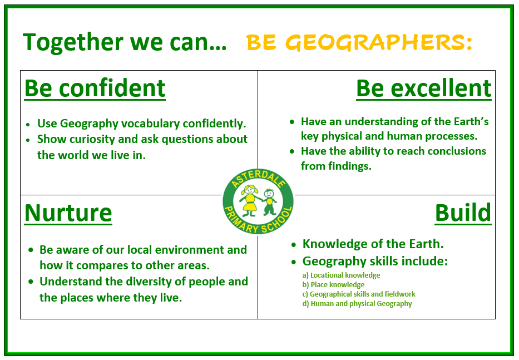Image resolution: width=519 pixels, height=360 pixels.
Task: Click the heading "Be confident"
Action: pyautogui.click(x=95, y=89)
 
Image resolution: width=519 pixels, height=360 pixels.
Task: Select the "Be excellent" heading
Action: pyautogui.click(x=424, y=89)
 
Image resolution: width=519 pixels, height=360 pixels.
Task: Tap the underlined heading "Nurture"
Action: pyautogui.click(x=68, y=213)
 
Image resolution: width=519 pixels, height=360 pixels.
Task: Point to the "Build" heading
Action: pyautogui.click(x=463, y=213)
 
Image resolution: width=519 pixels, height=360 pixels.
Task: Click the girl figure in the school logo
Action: pyautogui.click(x=250, y=200)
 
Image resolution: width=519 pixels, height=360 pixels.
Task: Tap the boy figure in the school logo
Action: pyautogui.click(x=269, y=202)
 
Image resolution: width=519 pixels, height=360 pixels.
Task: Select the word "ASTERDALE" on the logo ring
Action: pyautogui.click(x=258, y=178)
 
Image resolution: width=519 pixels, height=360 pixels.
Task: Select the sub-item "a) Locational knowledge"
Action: pyautogui.click(x=341, y=275)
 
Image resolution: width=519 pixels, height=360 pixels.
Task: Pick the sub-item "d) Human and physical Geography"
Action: pyautogui.click(x=357, y=304)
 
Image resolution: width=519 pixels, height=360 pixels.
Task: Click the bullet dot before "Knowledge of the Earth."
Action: pyautogui.click(x=294, y=245)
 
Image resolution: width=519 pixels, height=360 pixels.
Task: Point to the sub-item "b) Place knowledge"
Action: pyautogui.click(x=333, y=285)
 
